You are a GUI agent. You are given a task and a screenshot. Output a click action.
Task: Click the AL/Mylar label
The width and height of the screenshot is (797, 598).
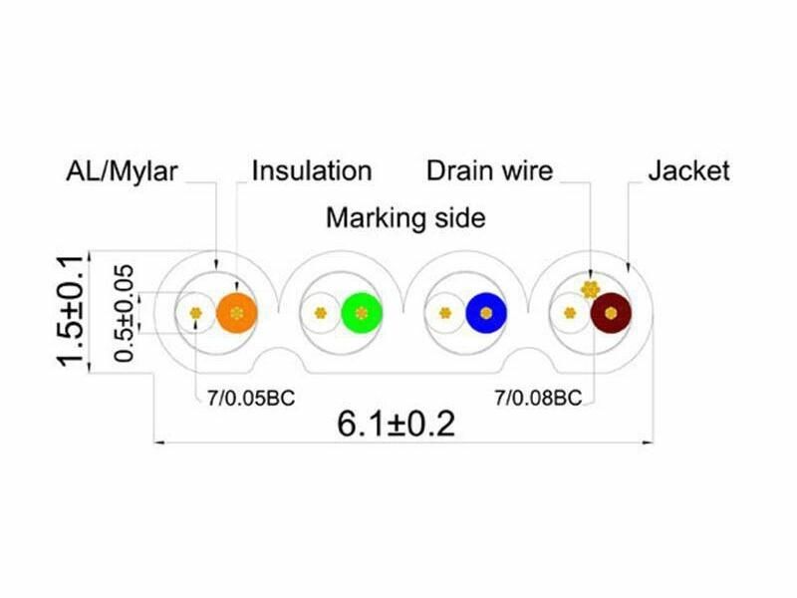tap(122, 171)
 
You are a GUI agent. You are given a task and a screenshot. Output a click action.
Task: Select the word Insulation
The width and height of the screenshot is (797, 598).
tap(312, 170)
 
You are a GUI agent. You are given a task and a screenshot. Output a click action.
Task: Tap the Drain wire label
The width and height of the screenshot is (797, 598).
tap(489, 170)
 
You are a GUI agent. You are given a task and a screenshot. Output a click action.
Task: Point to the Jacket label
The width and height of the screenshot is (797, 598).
tap(688, 170)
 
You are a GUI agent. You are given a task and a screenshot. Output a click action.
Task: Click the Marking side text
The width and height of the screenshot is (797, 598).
tap(405, 217)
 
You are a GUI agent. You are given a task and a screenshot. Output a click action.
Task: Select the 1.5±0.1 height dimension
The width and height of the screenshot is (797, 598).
tap(70, 311)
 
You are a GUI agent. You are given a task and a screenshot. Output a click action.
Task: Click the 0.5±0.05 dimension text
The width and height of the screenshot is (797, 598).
tap(124, 313)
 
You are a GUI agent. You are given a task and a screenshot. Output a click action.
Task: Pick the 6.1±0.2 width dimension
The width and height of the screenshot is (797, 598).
tap(396, 424)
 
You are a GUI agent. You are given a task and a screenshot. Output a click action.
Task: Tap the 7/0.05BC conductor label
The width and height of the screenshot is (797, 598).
tap(251, 398)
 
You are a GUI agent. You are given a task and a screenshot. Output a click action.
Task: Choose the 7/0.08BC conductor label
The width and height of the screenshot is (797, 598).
tap(538, 398)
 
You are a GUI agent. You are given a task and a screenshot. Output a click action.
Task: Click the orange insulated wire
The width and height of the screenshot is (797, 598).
tap(237, 313)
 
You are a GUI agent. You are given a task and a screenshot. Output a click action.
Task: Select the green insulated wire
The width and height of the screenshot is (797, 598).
tap(362, 313)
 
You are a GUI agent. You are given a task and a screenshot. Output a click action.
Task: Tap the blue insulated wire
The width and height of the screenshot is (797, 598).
tap(486, 313)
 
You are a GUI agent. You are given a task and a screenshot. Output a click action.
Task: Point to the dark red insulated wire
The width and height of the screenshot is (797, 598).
tap(611, 313)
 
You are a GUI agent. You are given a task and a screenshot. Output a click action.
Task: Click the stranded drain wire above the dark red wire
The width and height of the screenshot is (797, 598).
tap(590, 289)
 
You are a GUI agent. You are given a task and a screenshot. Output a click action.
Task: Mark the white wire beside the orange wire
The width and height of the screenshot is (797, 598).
tap(195, 313)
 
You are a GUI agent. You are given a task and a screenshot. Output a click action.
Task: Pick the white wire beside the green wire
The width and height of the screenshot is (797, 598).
tap(320, 313)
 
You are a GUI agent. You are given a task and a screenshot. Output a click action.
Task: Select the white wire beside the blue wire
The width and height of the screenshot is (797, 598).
tap(445, 313)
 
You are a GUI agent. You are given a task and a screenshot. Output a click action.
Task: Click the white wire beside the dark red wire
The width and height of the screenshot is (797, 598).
tap(570, 313)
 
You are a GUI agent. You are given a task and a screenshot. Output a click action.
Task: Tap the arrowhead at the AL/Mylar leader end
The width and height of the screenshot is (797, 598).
tap(216, 265)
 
